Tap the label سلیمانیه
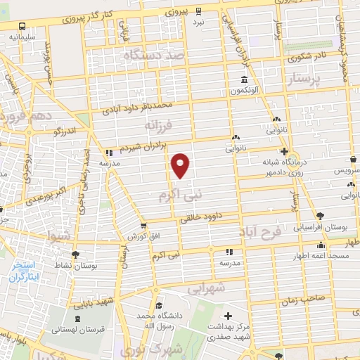point(22,35)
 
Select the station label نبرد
point(200,22)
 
